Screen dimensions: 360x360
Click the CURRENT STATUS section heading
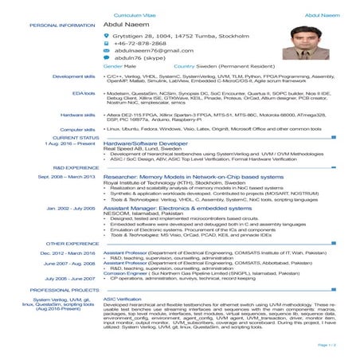(x=76, y=137)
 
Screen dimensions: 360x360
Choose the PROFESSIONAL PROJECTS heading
(x=65, y=291)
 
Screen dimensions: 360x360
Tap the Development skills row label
(x=74, y=76)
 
